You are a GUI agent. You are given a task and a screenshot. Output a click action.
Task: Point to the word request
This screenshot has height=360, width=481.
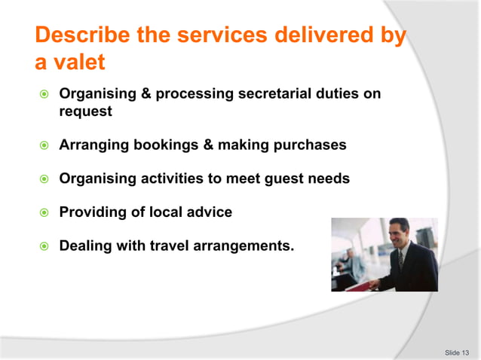(85, 112)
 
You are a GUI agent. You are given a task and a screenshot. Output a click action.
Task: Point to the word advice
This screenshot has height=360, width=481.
(209, 212)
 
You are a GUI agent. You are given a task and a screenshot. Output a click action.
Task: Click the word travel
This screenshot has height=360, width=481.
(176, 246)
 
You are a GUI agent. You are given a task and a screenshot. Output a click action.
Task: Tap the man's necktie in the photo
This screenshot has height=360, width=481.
(401, 259)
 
